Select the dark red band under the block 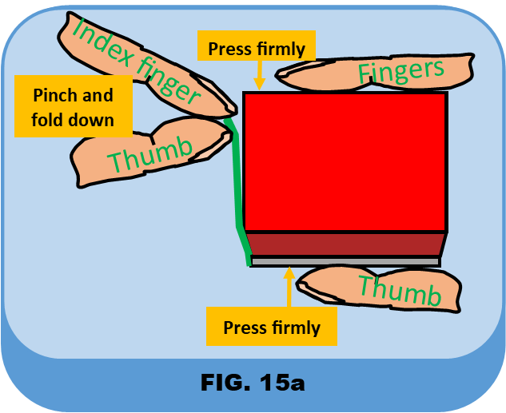tap(345, 244)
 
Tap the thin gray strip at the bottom tap(345, 261)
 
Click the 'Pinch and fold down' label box tap(73, 108)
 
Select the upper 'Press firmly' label tap(256, 49)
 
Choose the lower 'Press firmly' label tap(271, 328)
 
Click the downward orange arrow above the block tap(258, 77)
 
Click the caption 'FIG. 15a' tap(252, 381)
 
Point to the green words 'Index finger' tap(136, 60)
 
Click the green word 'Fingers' tap(400, 71)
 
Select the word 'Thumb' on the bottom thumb tap(399, 290)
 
